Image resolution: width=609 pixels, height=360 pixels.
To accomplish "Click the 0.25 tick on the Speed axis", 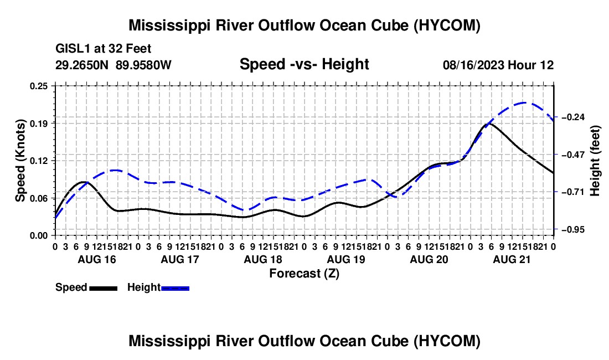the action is pyautogui.click(x=38, y=86).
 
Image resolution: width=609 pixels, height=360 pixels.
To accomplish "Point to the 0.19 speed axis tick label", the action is pyautogui.click(x=38, y=124).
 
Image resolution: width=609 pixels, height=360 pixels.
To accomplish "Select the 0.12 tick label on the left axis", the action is pyautogui.click(x=38, y=161).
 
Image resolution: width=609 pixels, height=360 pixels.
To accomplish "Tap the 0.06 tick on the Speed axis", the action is pyautogui.click(x=38, y=198).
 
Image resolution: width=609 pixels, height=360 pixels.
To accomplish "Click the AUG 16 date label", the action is pyautogui.click(x=97, y=259).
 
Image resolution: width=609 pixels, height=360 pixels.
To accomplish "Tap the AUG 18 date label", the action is pyautogui.click(x=263, y=259).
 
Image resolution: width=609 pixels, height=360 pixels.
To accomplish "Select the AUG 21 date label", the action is pyautogui.click(x=512, y=259).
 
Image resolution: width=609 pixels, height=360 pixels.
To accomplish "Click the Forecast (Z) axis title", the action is pyautogui.click(x=304, y=274).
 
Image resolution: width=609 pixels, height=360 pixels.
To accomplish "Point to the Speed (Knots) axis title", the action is pyautogui.click(x=20, y=161).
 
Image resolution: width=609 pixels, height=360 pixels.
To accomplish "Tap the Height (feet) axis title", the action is pyautogui.click(x=595, y=161).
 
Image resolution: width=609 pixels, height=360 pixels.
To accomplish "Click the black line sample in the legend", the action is pyautogui.click(x=104, y=289).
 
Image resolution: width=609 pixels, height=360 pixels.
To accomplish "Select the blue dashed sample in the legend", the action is pyautogui.click(x=175, y=289).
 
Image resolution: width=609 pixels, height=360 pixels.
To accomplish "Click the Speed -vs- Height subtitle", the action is pyautogui.click(x=304, y=64).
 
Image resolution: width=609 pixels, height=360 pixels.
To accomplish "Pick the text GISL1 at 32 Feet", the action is pyautogui.click(x=104, y=49).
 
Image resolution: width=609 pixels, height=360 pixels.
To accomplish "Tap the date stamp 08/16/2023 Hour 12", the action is pyautogui.click(x=498, y=65).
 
